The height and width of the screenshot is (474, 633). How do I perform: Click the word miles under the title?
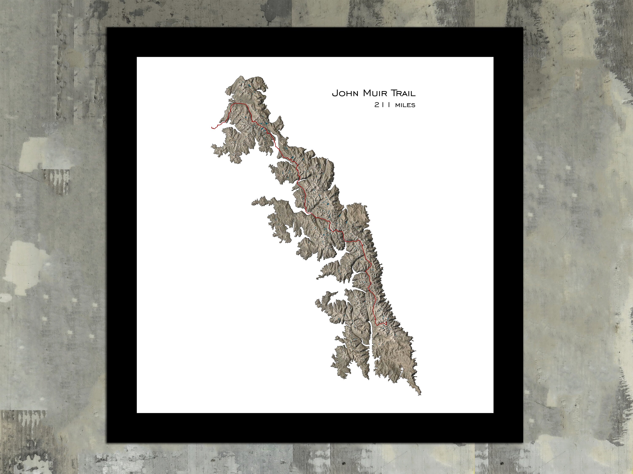(405, 105)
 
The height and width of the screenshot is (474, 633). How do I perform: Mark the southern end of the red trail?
(386, 321)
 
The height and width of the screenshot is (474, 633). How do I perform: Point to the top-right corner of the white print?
(493, 57)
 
